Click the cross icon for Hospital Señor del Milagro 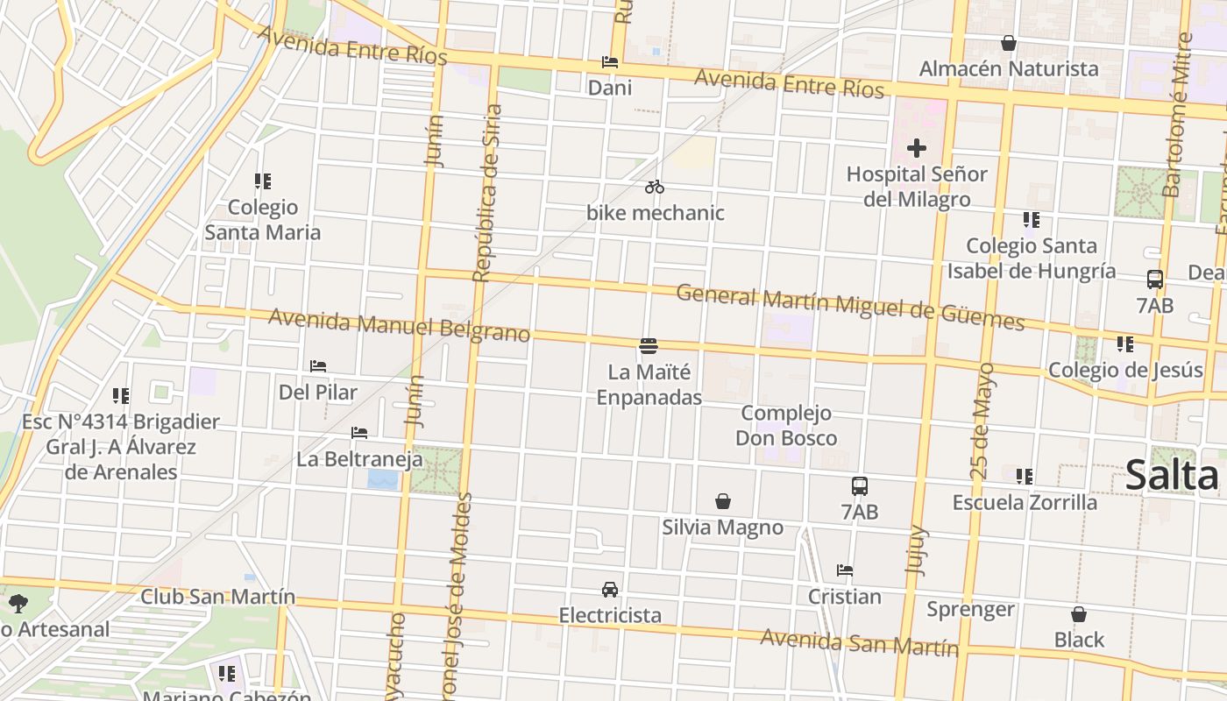point(917,148)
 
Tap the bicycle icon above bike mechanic point(655,187)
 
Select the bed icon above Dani point(610,62)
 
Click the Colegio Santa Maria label point(263,220)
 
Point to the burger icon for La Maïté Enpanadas point(649,346)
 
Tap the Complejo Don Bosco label point(786,425)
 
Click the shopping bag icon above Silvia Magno point(723,501)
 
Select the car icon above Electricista point(610,590)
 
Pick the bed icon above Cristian point(845,570)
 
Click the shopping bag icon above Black point(1079,614)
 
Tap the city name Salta point(1172,476)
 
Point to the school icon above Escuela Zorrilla point(1025,477)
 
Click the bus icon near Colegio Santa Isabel point(1155,280)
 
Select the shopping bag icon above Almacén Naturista point(1009,43)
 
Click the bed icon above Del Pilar point(318,366)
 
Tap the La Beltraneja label point(359,458)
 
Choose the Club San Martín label point(218,597)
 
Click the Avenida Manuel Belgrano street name point(400,326)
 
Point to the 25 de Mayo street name point(983,421)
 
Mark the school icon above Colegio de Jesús point(1125,344)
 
